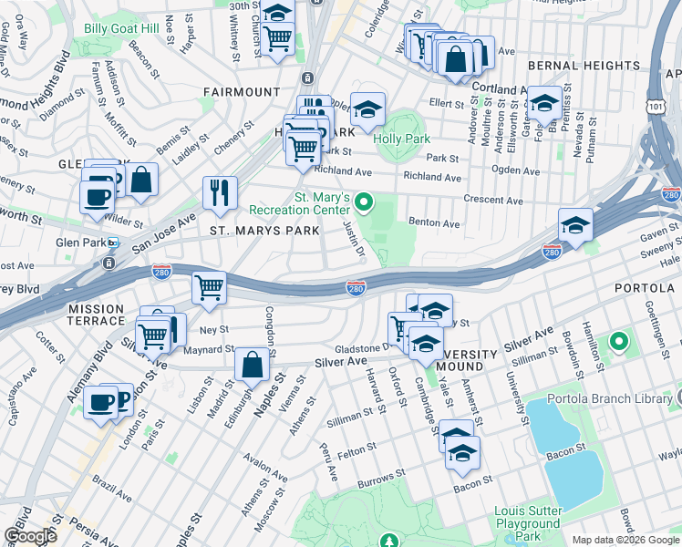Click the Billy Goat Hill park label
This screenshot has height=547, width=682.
[123, 28]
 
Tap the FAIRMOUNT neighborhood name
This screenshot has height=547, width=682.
[242, 92]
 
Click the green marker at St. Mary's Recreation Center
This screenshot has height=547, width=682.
[365, 201]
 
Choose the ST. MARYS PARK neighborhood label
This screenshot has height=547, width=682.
[264, 231]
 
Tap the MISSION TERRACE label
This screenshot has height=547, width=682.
[96, 315]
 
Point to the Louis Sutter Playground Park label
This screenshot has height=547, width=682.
[527, 524]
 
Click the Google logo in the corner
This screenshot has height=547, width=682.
[30, 535]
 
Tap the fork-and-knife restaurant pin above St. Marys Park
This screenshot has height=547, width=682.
[220, 191]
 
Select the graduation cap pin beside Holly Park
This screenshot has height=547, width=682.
[367, 111]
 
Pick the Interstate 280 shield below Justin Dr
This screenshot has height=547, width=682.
[356, 288]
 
